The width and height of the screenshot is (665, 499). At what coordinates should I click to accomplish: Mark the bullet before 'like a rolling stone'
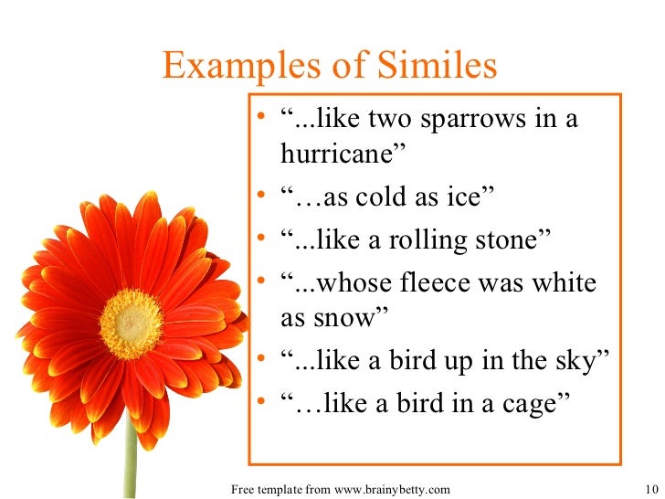[263, 240]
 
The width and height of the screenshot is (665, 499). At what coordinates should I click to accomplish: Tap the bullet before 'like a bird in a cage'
[263, 403]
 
